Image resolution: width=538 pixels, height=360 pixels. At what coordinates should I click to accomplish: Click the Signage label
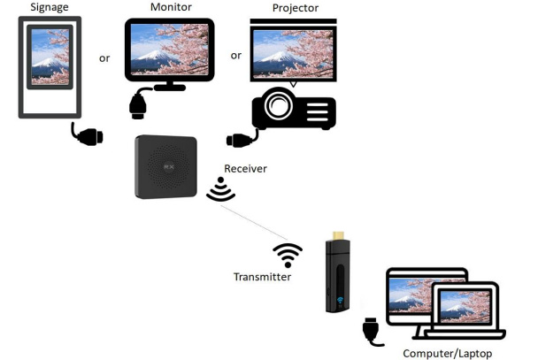[50, 8]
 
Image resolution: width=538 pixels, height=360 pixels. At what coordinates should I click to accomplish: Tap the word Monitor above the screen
[170, 7]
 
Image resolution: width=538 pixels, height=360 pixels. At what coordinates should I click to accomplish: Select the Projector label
[295, 8]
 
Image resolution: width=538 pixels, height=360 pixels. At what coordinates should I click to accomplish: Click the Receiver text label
[245, 168]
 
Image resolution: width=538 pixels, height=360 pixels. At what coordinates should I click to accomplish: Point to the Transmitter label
[262, 277]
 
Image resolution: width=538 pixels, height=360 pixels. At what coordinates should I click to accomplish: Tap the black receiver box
[165, 166]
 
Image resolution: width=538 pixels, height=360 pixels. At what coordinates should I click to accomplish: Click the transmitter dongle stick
[337, 274]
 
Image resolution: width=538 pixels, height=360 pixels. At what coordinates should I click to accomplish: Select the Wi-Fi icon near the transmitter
[288, 255]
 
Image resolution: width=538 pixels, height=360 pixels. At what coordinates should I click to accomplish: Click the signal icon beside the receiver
[220, 189]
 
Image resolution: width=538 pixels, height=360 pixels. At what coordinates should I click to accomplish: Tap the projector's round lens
[279, 106]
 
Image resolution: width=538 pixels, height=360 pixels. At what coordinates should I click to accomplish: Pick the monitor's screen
[170, 49]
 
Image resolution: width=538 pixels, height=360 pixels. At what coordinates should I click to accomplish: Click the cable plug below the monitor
[138, 105]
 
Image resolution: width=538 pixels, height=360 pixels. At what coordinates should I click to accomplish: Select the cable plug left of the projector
[241, 140]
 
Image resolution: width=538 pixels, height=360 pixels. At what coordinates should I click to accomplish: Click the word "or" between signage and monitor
[104, 58]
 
